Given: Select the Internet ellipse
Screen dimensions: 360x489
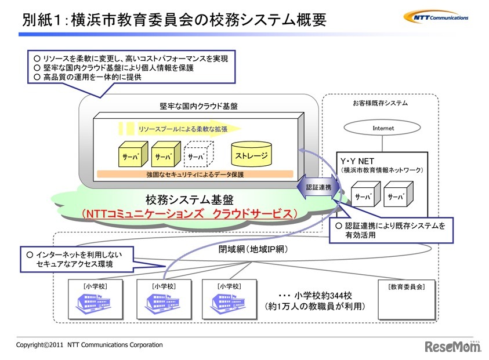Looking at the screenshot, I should [383, 128].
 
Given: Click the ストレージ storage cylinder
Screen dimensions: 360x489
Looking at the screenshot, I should [251, 155].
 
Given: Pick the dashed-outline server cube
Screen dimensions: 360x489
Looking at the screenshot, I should [198, 156].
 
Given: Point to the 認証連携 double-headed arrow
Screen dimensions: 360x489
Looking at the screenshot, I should [317, 189].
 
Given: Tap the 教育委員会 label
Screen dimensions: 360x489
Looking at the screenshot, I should [406, 286].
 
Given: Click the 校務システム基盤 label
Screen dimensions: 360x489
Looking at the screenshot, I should [189, 200].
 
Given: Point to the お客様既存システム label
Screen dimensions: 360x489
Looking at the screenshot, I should [380, 103].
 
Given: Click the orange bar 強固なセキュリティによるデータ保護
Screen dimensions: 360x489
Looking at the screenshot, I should [195, 174].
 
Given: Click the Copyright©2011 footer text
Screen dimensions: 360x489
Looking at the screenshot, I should [89, 345].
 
